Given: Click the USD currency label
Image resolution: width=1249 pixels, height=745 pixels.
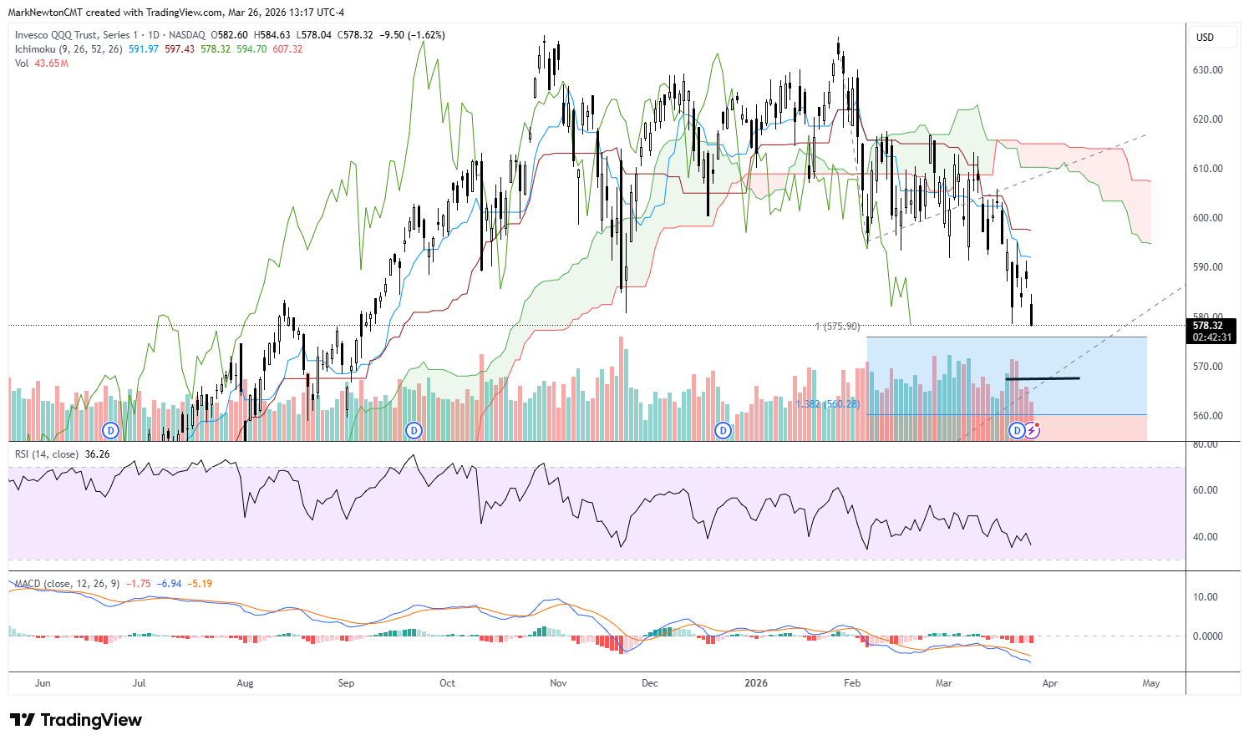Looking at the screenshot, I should [x=1205, y=38].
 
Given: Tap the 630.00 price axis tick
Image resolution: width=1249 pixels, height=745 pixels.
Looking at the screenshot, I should [x=1207, y=70].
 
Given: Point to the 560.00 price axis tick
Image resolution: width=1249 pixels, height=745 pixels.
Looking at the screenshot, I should [x=1207, y=416].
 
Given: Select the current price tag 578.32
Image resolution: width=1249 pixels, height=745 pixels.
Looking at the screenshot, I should [x=1208, y=326].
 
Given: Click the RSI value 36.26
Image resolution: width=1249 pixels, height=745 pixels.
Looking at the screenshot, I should [x=97, y=454].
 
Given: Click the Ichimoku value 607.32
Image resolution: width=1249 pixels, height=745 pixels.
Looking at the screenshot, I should [x=288, y=49].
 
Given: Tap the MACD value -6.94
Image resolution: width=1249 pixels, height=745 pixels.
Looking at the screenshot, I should [x=170, y=584].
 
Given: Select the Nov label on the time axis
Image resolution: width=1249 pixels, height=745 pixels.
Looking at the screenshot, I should [x=558, y=683].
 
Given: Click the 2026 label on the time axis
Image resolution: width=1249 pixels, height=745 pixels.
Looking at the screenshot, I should [x=755, y=683].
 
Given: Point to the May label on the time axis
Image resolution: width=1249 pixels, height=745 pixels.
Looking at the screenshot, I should [x=1150, y=683].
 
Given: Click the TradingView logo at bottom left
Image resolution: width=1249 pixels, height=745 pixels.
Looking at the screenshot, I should [x=76, y=720].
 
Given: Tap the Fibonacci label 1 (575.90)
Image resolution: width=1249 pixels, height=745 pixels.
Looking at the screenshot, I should [x=837, y=327].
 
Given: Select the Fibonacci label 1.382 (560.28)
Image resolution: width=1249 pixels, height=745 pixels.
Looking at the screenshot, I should [x=827, y=404].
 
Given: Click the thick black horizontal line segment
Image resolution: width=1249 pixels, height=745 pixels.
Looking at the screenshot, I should [x=1042, y=379].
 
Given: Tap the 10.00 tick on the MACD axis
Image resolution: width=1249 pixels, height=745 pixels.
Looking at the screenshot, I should [x=1205, y=597].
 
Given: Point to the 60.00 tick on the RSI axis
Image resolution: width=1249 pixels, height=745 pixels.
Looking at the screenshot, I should [x=1205, y=490].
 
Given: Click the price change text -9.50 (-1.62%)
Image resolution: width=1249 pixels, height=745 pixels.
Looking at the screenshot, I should [x=412, y=35].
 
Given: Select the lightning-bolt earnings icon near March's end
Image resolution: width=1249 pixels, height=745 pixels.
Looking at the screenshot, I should [x=1033, y=430].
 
